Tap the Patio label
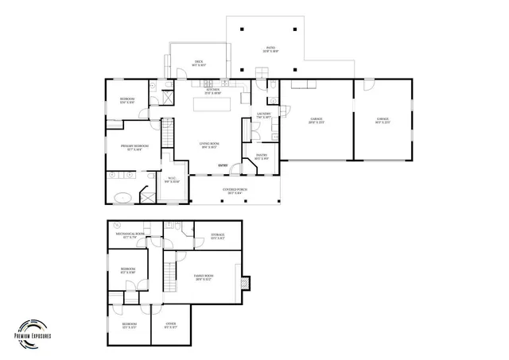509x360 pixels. pos(271,50)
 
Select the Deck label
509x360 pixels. pos(200,64)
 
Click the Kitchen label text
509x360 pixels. pos(212,91)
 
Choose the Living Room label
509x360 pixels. pos(209,145)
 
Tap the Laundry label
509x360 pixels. pos(265,116)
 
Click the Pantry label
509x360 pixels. pos(261,157)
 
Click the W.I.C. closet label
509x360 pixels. pos(172,180)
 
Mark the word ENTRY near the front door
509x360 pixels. pos(223,165)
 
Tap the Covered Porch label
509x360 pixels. pos(235,192)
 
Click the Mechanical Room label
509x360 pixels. pos(130,235)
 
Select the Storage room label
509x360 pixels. pos(218,236)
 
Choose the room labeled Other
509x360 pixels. pos(171,325)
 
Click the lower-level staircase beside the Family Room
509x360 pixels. pos(169,275)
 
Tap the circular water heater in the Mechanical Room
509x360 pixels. pos(116,225)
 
